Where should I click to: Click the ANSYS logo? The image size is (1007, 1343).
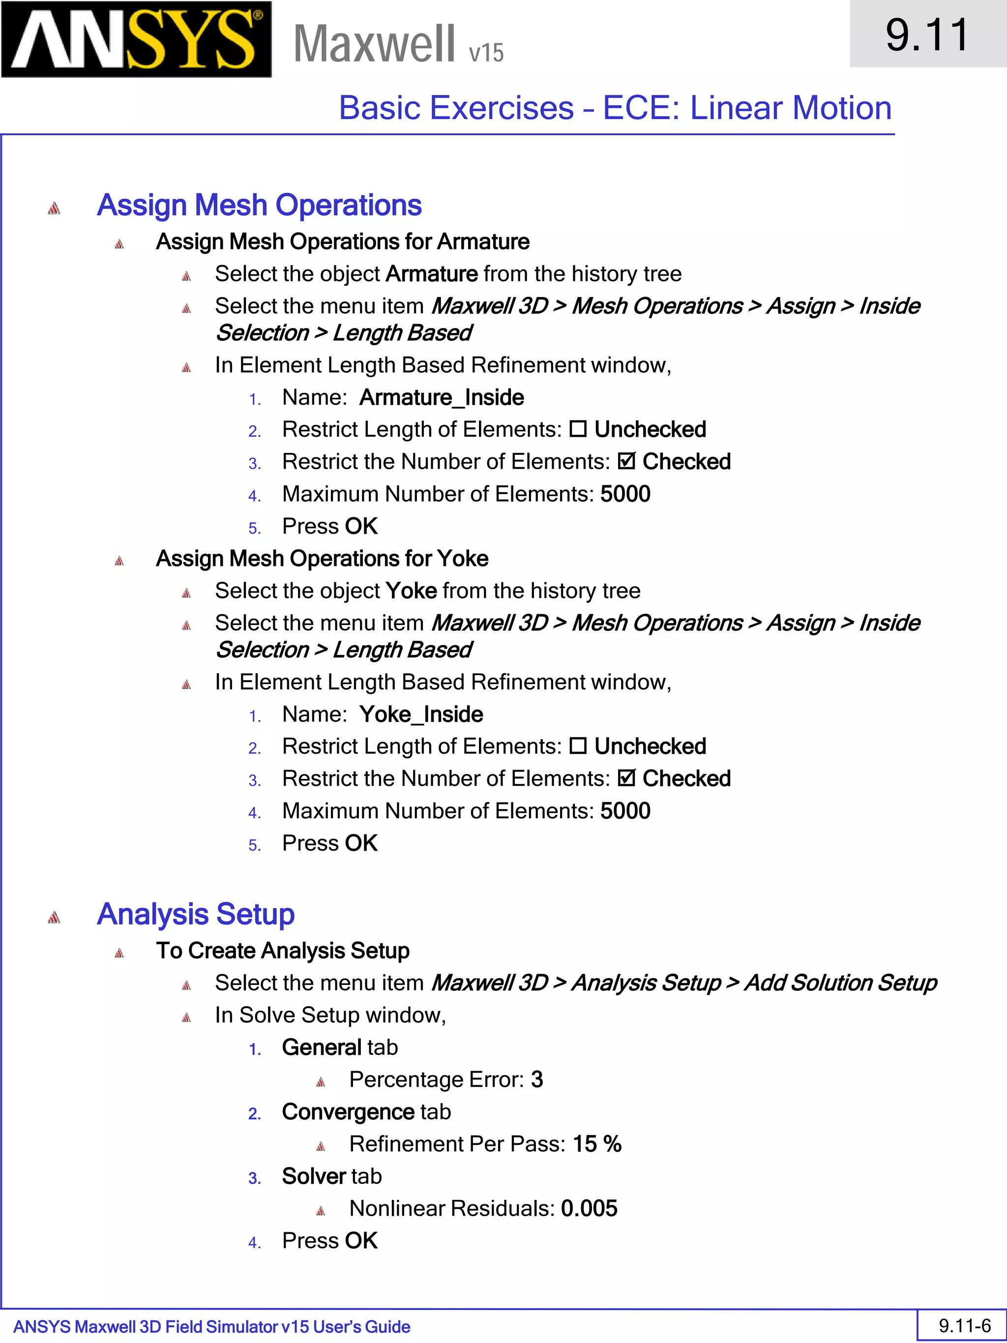[136, 40]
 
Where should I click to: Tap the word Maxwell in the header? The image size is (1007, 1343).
[374, 44]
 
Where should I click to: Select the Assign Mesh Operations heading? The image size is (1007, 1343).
[259, 205]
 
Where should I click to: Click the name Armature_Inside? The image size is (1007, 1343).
[441, 398]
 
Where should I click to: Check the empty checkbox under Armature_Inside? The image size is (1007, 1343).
[578, 430]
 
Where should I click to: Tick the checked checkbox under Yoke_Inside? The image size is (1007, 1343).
[626, 778]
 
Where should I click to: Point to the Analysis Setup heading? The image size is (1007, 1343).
[196, 914]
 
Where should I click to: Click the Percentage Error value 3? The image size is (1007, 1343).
[536, 1079]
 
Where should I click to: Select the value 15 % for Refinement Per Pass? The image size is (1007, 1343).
[596, 1144]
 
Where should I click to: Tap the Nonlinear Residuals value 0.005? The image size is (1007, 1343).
[589, 1208]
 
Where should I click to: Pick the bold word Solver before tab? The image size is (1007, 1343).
[313, 1176]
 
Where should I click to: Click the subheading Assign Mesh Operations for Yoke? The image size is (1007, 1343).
[322, 559]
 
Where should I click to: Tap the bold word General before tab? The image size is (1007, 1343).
[322, 1047]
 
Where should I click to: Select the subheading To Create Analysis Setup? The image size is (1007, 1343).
[282, 951]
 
